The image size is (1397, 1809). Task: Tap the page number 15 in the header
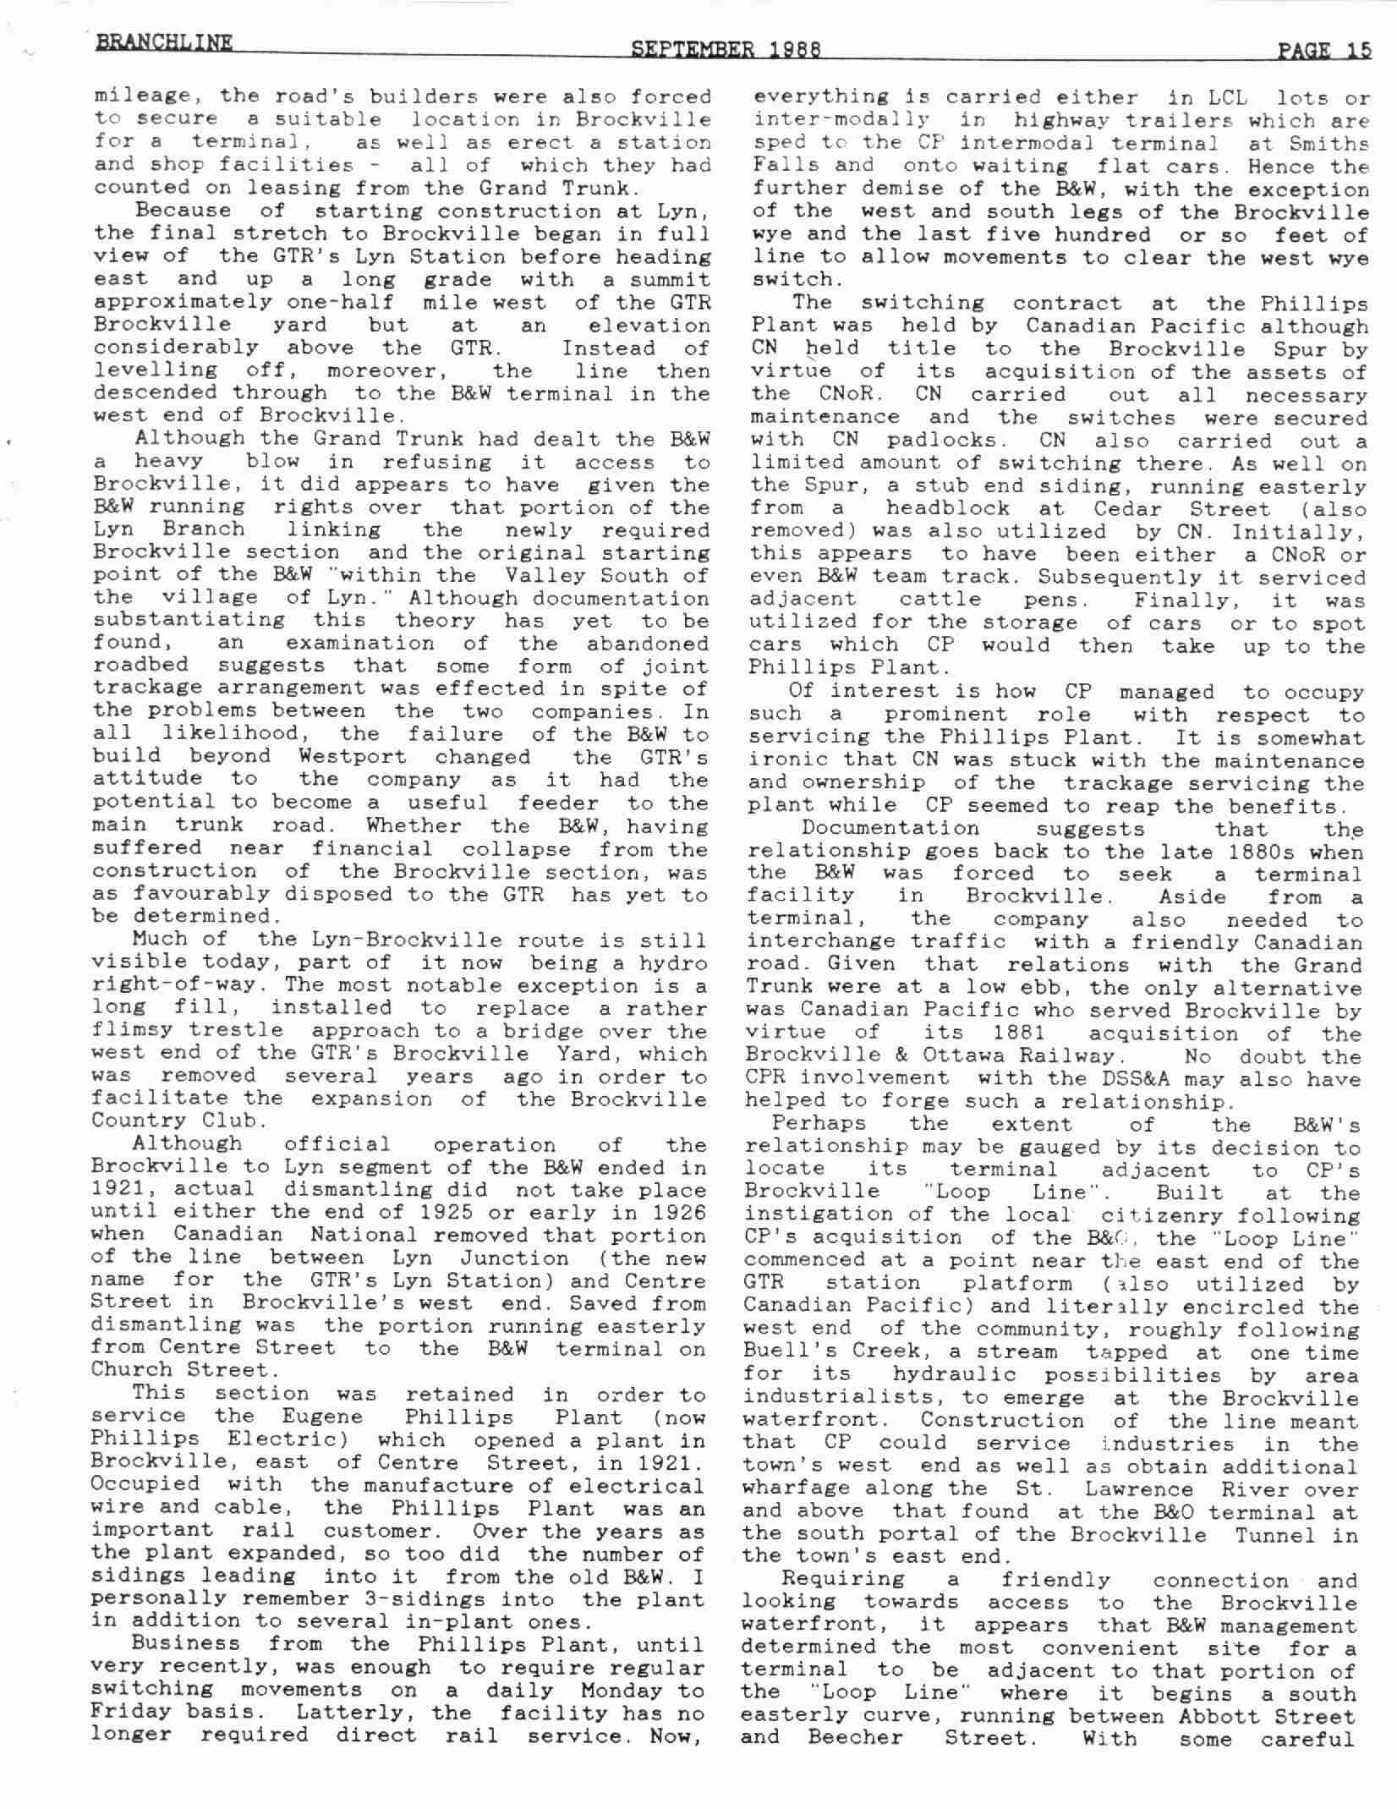click(1359, 51)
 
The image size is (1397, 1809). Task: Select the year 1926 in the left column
click(677, 1212)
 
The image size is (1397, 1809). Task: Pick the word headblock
click(947, 508)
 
